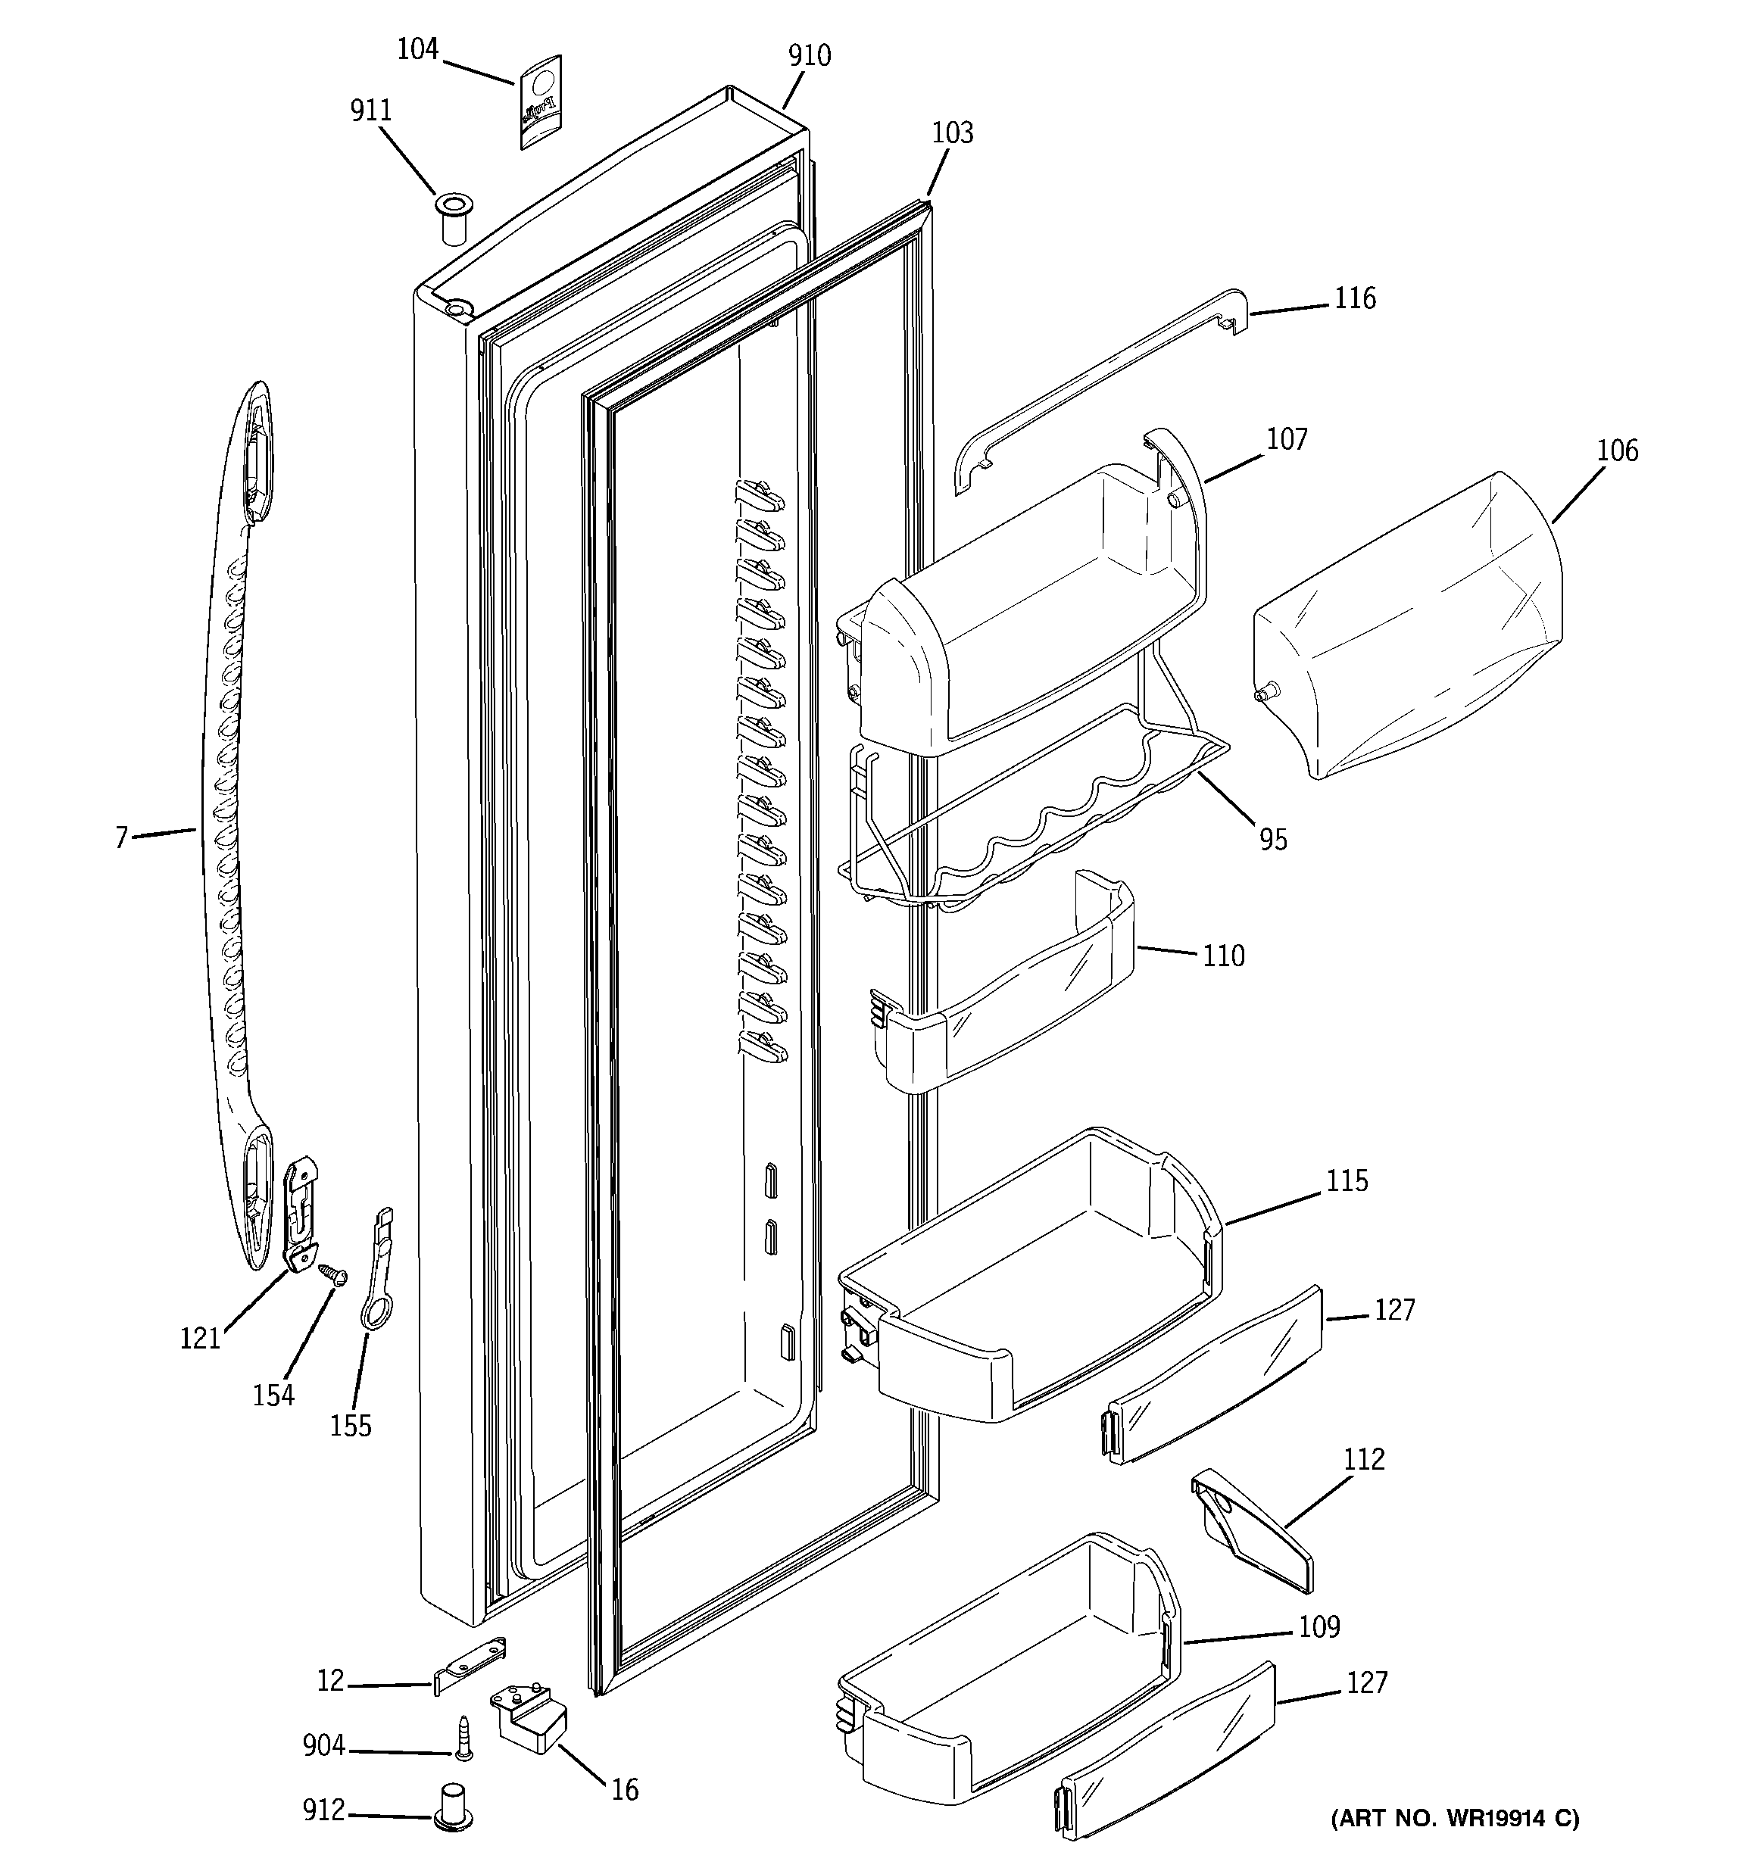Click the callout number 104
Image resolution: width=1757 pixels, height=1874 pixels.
[x=417, y=49]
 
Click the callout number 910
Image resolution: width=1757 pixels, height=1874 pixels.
[x=809, y=57]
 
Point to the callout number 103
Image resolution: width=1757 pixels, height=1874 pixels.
[x=952, y=133]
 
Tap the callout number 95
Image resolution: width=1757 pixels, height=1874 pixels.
[x=1272, y=840]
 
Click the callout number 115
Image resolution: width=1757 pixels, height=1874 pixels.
[x=1346, y=1181]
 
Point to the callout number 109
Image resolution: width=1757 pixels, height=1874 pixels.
[x=1319, y=1627]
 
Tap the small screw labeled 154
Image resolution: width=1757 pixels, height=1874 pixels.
[x=334, y=1274]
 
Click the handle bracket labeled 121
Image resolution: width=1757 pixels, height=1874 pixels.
[x=301, y=1216]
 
